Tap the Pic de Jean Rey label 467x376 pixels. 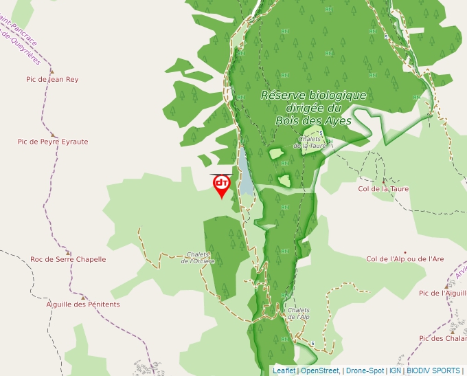click(52, 80)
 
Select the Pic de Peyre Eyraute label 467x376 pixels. click(53, 142)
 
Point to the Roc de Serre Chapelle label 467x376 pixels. click(68, 260)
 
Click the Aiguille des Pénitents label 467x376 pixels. click(83, 305)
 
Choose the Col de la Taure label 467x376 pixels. click(383, 188)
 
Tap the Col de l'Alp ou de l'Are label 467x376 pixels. click(405, 259)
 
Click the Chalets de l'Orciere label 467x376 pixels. click(198, 258)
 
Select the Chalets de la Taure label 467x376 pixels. click(310, 142)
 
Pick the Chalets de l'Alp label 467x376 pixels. click(299, 313)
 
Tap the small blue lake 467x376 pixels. click(245, 172)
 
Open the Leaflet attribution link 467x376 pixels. click(284, 371)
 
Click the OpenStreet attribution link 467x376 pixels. click(319, 371)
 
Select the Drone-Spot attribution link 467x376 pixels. click(365, 371)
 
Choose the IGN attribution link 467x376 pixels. click(395, 371)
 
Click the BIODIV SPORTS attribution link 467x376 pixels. click(433, 371)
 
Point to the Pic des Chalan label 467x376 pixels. click(442, 338)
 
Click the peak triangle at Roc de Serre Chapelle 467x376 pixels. click(68, 251)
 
